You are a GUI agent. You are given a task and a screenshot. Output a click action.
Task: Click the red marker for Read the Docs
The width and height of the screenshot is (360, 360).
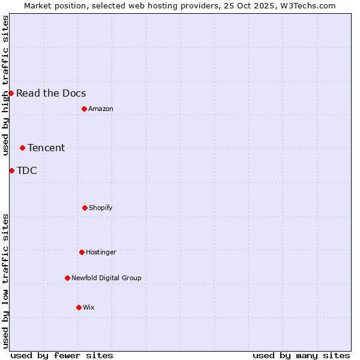11,93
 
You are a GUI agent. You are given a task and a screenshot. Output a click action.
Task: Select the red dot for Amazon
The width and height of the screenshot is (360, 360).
84,109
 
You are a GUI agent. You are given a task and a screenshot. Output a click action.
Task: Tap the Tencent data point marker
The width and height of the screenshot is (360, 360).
22,148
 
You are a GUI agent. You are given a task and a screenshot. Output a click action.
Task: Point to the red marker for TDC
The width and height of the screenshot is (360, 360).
11,170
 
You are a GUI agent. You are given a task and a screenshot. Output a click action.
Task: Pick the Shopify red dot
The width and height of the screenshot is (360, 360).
85,208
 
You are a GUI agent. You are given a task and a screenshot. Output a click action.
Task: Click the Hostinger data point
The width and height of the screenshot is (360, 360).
82,252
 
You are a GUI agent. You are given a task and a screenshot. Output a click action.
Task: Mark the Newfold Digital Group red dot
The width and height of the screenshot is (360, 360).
67,278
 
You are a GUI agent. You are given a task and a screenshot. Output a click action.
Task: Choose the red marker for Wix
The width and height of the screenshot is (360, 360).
79,307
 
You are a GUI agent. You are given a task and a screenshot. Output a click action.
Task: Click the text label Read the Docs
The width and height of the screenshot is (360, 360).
51,93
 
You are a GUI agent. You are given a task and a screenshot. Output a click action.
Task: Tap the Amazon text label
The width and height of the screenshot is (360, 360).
101,109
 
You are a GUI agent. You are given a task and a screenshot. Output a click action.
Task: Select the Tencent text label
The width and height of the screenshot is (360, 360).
46,148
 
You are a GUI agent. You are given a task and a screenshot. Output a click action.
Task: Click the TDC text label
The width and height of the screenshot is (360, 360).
27,170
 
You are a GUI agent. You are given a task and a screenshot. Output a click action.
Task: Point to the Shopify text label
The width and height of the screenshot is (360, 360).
101,208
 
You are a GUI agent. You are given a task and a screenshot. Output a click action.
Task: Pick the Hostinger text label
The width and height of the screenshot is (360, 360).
101,252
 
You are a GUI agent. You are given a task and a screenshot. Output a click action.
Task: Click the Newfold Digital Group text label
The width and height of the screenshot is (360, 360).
106,278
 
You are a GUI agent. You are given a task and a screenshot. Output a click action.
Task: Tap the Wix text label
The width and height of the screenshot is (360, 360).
89,307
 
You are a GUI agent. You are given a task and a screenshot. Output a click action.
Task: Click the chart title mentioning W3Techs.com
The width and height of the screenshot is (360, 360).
180,5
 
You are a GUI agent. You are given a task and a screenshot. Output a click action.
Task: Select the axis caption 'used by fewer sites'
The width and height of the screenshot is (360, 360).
62,355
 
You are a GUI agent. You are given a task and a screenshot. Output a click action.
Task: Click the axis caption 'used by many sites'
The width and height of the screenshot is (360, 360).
301,355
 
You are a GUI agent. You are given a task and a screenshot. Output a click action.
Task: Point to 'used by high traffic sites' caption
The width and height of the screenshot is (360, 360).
5,85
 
